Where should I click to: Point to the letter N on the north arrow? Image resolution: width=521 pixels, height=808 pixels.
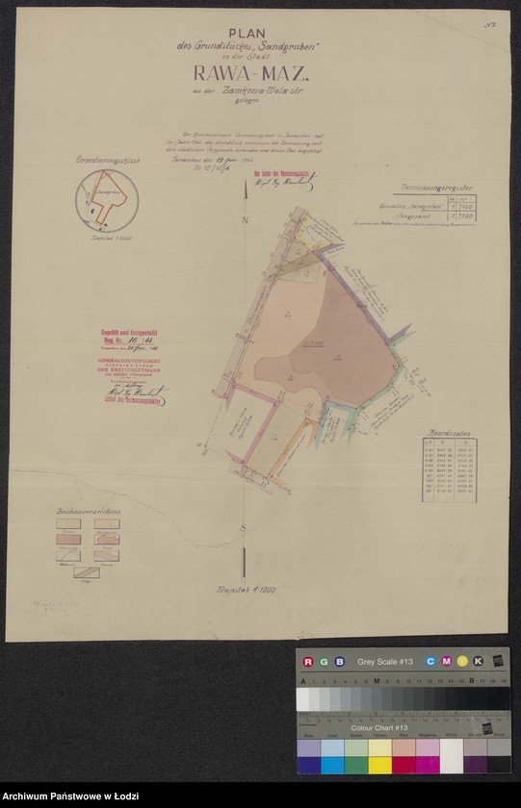pos(246,222)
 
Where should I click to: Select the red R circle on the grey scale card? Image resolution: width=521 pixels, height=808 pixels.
pos(308,662)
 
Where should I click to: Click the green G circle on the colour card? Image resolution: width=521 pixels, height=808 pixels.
pos(324,662)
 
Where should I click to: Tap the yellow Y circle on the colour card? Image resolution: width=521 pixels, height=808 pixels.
pos(462,662)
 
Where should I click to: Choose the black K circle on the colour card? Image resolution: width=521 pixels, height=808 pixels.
pos(479,662)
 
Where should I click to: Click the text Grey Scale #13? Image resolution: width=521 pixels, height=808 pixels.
pos(384,662)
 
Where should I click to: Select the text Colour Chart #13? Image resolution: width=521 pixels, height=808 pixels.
pos(378,728)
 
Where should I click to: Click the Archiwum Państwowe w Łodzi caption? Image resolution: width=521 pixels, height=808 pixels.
pos(65,797)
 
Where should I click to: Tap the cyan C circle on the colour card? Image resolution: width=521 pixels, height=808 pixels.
pos(430,662)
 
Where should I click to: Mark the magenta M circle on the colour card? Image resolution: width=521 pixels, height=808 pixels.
pos(446,662)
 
